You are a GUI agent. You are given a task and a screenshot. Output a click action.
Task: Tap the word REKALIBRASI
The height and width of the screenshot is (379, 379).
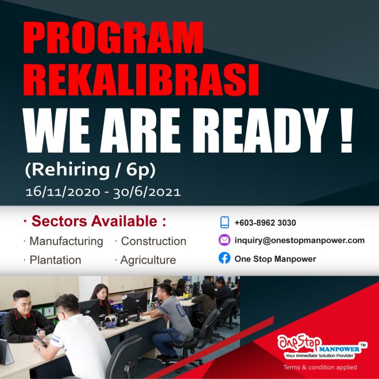click(141, 82)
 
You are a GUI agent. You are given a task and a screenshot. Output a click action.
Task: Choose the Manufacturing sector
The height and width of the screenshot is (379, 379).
click(66, 241)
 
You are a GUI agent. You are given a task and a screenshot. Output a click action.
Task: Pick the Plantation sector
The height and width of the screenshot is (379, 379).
click(55, 260)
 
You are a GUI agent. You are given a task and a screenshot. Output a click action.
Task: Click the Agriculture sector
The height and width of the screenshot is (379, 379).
click(148, 260)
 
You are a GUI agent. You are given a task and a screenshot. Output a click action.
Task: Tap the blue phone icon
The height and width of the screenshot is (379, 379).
click(225, 222)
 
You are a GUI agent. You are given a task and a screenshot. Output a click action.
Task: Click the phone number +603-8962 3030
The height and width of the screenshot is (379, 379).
click(265, 223)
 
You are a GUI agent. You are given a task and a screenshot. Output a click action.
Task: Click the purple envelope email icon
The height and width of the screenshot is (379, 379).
click(225, 240)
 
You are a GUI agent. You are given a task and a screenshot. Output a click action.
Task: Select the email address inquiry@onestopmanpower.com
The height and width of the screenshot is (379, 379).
click(299, 241)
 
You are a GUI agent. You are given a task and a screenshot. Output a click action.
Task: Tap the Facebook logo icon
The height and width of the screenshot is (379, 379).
click(225, 258)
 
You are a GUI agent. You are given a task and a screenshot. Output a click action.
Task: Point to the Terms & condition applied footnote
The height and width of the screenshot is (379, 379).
click(320, 367)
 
